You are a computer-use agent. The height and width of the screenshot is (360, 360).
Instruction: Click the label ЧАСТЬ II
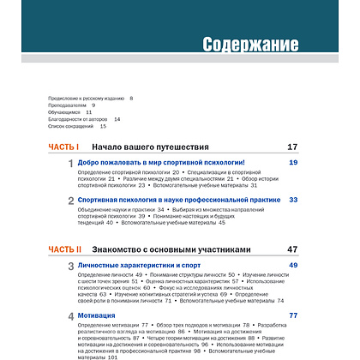(64, 249)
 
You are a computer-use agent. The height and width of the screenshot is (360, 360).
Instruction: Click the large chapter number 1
(70, 163)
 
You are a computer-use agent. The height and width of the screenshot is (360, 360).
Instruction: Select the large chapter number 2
(70, 201)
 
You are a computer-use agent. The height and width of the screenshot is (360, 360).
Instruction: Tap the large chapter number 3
(70, 267)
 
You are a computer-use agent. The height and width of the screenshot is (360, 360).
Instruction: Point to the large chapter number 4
(70, 317)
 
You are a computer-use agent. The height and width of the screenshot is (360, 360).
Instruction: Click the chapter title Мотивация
(95, 316)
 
